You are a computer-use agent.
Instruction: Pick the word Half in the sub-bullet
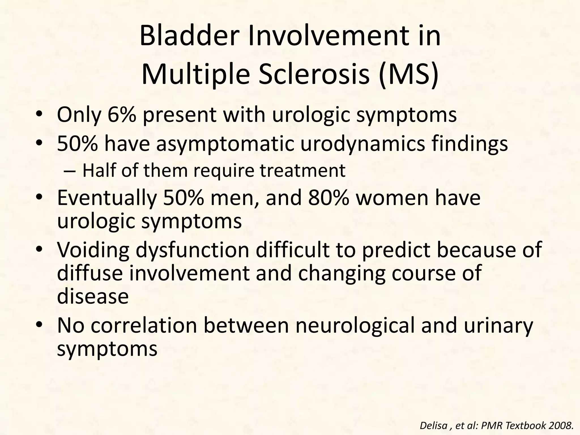click(98, 170)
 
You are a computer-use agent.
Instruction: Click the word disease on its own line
click(93, 297)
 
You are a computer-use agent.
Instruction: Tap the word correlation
click(144, 326)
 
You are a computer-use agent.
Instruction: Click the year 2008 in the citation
click(562, 425)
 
